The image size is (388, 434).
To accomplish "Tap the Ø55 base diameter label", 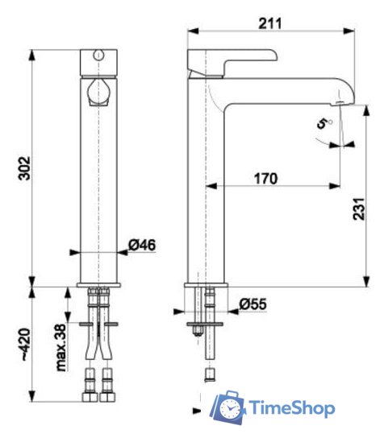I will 252,304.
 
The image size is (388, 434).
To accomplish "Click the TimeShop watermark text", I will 293,408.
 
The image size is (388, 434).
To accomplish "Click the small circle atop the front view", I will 100,56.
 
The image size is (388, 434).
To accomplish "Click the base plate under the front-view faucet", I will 100,285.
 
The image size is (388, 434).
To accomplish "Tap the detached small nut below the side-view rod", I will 210,374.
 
